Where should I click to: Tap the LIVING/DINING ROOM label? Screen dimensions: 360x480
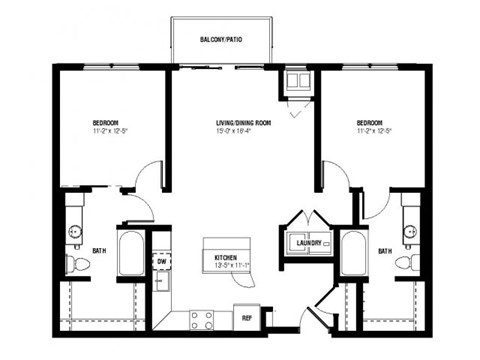240,124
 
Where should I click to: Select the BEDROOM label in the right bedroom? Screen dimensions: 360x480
371,124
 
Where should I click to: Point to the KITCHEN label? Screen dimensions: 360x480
225,257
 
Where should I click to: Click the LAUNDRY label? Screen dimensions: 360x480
309,242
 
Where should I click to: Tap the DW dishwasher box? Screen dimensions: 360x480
161,261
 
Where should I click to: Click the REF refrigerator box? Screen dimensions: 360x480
246,318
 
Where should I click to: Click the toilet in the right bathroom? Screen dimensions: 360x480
405,263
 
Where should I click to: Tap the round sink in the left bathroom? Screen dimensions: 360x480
75,233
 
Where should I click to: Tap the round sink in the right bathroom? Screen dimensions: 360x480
408,233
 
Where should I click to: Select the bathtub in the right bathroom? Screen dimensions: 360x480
353,256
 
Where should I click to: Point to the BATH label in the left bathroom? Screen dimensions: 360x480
98,252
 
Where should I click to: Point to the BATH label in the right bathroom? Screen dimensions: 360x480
384,252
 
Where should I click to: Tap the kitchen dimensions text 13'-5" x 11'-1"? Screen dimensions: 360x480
225,266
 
